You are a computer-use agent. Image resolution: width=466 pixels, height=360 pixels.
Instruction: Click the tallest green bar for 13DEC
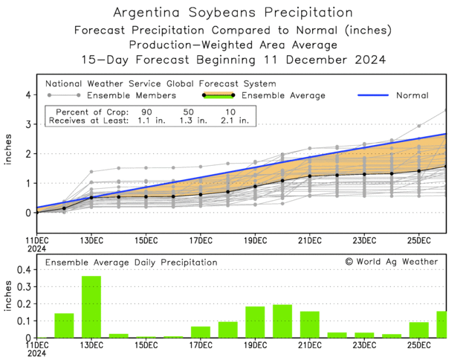(x=91, y=307)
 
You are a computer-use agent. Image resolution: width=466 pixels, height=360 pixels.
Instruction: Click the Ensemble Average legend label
(x=285, y=95)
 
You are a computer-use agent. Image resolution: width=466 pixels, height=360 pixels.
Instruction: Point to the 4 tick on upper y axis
(x=27, y=95)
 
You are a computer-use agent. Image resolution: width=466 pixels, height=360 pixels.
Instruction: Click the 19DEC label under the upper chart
(x=255, y=240)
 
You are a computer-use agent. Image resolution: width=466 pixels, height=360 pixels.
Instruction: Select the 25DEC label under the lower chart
(x=419, y=345)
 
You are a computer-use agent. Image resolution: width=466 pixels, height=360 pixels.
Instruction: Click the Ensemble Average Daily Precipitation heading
(x=131, y=263)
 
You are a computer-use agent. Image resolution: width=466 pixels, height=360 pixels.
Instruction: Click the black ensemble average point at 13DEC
(x=91, y=197)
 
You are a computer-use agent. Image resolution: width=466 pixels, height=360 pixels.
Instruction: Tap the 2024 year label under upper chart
(x=36, y=249)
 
